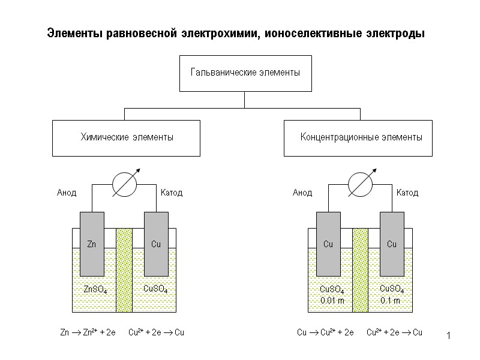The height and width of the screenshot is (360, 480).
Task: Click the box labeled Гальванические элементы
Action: pyautogui.click(x=245, y=73)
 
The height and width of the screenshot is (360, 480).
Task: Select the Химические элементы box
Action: pyautogui.click(x=127, y=137)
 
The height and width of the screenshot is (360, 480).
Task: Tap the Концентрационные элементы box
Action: pyautogui.click(x=358, y=137)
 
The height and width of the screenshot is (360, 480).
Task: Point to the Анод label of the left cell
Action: pyautogui.click(x=67, y=193)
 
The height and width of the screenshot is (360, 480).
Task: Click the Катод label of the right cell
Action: pyautogui.click(x=407, y=193)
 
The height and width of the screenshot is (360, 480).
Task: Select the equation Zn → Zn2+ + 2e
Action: pyautogui.click(x=88, y=332)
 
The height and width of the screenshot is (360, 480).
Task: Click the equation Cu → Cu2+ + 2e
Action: pyautogui.click(x=326, y=332)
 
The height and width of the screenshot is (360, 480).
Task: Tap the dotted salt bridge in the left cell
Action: pyautogui.click(x=124, y=270)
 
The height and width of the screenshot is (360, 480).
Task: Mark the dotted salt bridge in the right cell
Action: pyautogui.click(x=360, y=270)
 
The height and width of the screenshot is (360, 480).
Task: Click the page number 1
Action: pyautogui.click(x=448, y=334)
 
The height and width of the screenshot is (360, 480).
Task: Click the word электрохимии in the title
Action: pyautogui.click(x=220, y=34)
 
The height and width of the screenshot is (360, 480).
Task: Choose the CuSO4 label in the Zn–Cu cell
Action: pyautogui.click(x=155, y=289)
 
